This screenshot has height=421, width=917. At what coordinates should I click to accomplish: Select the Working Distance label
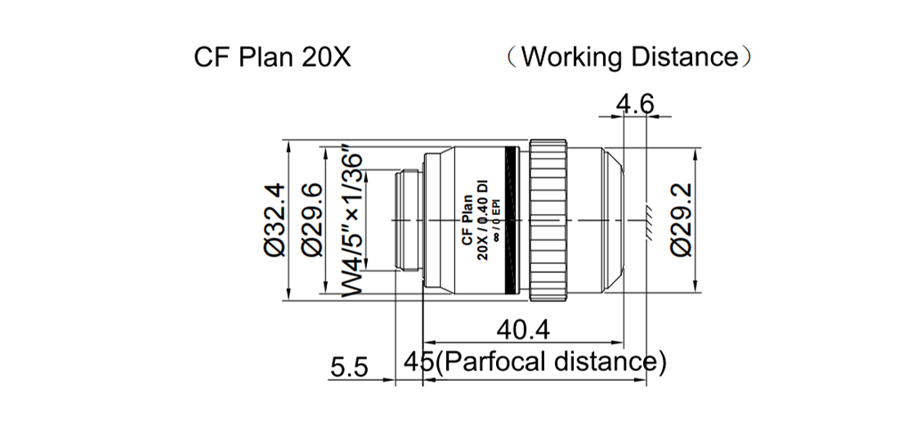pos(628,57)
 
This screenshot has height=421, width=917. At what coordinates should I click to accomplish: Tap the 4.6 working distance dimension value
pos(635,105)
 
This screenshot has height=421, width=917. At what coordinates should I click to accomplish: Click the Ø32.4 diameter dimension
pos(274,220)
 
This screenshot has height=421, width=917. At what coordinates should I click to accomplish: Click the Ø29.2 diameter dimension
pos(680,220)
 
